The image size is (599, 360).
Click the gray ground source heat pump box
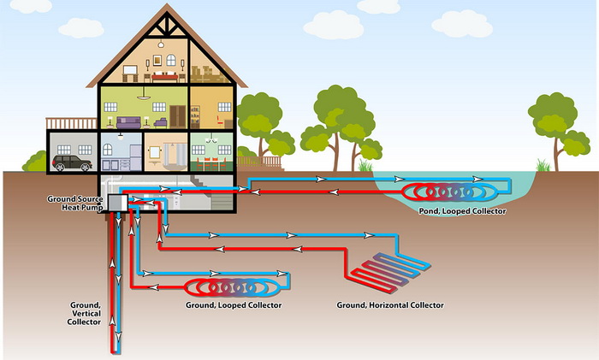click(118, 203)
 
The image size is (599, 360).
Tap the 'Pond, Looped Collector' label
click(461, 210)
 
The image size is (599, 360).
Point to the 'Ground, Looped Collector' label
click(234, 304)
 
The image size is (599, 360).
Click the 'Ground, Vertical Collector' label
click(86, 313)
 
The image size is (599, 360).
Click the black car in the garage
click(70, 162)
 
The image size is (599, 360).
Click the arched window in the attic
click(171, 61)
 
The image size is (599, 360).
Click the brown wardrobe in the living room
click(177, 115)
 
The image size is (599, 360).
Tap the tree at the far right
click(552, 124)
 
